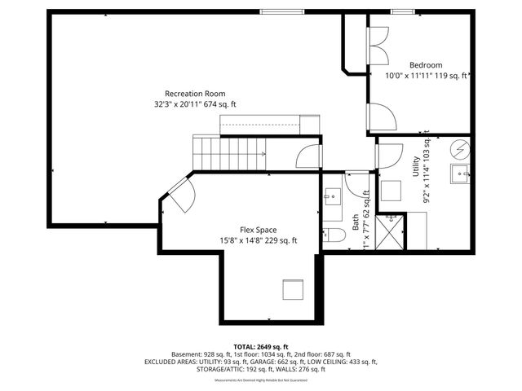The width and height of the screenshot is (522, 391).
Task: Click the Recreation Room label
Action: [195, 94]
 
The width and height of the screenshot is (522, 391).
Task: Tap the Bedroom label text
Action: [426, 65]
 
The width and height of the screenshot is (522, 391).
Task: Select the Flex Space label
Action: [258, 230]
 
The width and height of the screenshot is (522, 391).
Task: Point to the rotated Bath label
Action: [355, 222]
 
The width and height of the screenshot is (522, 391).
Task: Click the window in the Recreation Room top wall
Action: [278, 11]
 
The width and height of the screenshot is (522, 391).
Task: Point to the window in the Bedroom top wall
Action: [400, 11]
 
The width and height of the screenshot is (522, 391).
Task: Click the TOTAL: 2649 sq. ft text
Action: [261, 346]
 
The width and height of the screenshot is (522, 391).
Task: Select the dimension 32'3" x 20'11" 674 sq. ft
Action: [195, 104]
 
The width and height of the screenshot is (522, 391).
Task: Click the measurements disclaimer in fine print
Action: [261, 380]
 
